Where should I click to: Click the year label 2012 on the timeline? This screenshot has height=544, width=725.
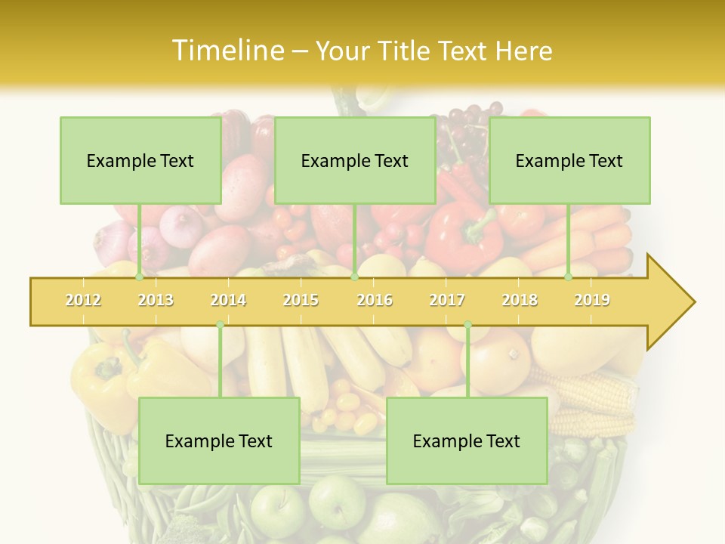click(83, 300)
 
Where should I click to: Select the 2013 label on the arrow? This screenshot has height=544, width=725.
click(156, 300)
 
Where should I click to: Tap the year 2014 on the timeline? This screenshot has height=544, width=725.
click(228, 300)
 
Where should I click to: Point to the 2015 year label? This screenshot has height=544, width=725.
click(301, 300)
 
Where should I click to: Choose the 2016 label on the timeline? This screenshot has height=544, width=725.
click(375, 300)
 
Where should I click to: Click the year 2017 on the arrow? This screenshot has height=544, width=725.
click(447, 300)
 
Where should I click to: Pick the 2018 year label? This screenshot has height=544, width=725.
click(520, 300)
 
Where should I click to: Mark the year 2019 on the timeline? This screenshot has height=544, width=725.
click(592, 300)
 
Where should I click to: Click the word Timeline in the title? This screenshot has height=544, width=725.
click(226, 51)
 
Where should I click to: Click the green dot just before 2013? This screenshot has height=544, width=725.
click(139, 277)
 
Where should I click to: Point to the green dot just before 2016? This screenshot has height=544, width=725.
click(354, 277)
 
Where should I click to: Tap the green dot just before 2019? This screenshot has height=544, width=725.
click(569, 277)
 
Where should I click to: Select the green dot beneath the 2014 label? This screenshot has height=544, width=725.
click(220, 325)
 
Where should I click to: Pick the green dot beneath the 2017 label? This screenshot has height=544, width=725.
click(467, 325)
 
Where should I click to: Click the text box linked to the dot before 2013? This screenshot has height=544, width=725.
click(140, 160)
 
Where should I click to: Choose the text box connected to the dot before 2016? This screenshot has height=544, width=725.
click(355, 160)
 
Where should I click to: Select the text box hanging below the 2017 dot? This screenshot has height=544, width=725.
click(467, 440)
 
